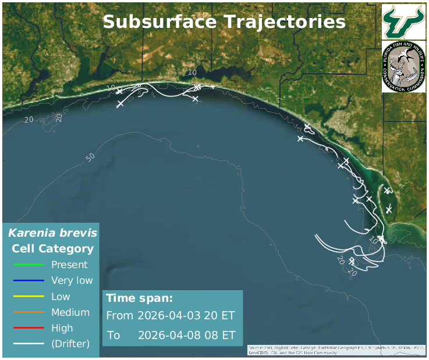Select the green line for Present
click(x=29, y=265)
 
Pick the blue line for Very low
click(x=29, y=280)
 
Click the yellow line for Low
click(x=29, y=296)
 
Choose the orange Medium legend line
click(x=29, y=312)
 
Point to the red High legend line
click(x=29, y=328)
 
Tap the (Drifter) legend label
click(x=70, y=344)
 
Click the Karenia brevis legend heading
click(x=52, y=234)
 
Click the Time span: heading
click(x=139, y=298)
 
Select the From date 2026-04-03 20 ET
click(x=186, y=316)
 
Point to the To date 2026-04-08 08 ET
click(x=186, y=336)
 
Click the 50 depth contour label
click(x=90, y=158)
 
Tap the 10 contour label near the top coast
click(x=193, y=73)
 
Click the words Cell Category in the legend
click(x=52, y=249)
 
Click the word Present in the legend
click(x=69, y=265)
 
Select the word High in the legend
click(x=62, y=328)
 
